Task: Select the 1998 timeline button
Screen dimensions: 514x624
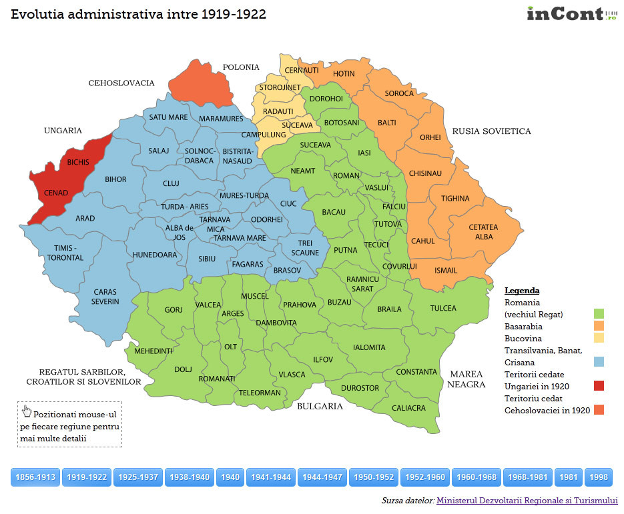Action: [599, 477]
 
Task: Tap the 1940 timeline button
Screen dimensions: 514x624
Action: [230, 477]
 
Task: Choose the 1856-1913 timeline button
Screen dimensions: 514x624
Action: [36, 477]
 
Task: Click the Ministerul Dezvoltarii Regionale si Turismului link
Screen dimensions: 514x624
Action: [527, 500]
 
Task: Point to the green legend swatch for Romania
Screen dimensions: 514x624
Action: [599, 314]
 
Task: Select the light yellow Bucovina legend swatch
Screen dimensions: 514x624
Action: [599, 338]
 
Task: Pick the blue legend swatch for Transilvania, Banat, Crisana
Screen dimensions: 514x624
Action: [599, 362]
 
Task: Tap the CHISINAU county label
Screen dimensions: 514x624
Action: [425, 173]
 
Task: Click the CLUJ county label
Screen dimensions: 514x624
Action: [172, 183]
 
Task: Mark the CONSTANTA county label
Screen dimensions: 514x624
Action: [416, 372]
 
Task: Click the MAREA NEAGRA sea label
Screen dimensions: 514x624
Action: [466, 379]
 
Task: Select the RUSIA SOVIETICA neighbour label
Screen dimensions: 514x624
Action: [491, 131]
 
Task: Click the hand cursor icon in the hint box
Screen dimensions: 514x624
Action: [27, 411]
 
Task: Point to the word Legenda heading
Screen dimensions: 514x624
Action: [522, 291]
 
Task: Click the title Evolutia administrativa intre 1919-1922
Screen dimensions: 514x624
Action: [139, 15]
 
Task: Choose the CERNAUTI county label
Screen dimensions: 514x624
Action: [302, 70]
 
